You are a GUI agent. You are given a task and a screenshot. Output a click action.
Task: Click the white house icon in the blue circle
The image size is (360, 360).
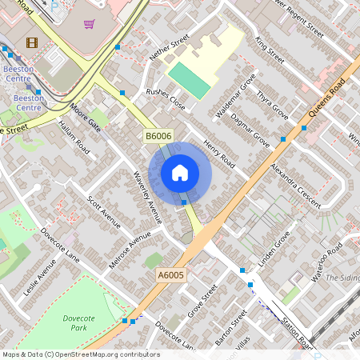point(180,172)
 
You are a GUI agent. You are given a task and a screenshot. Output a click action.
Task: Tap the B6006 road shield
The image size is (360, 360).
point(158,137)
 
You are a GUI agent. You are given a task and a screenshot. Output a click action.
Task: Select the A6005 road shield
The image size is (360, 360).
point(170,275)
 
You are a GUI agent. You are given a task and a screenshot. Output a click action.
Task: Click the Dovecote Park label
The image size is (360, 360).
point(78,323)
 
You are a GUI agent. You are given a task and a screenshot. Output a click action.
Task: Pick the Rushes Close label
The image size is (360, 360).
point(165,98)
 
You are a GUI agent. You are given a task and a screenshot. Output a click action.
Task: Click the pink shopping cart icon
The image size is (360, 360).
point(89,24)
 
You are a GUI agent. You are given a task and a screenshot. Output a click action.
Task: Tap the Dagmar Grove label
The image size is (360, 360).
point(250,129)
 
